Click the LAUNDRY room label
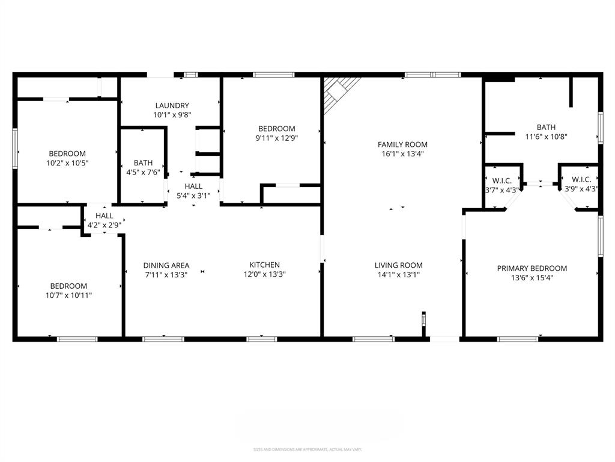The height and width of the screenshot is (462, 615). [171, 105]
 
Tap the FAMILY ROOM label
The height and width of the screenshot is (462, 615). [402, 144]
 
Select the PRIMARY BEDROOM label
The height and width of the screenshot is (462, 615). [532, 268]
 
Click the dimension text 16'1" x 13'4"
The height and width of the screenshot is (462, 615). [402, 154]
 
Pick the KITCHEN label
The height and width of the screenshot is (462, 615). [264, 265]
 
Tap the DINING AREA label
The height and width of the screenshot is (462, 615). [166, 265]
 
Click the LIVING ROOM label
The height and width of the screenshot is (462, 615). [398, 265]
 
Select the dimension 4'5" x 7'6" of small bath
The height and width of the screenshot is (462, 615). [143, 173]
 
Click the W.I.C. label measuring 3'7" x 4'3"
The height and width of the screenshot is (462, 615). [502, 180]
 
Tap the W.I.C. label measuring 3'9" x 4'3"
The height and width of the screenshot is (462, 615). [581, 179]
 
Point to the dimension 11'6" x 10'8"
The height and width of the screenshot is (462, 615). [546, 137]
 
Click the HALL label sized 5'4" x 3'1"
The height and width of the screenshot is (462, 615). [193, 186]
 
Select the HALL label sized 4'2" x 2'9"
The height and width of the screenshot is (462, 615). [104, 215]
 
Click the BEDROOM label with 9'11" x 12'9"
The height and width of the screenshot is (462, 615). [276, 128]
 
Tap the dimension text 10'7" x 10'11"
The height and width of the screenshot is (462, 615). [68, 295]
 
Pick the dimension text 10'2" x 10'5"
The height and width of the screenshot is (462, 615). [67, 163]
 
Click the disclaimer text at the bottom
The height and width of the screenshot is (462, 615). [307, 449]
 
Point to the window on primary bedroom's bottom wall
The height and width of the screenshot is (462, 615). [517, 339]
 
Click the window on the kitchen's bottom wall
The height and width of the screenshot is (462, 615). [262, 339]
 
